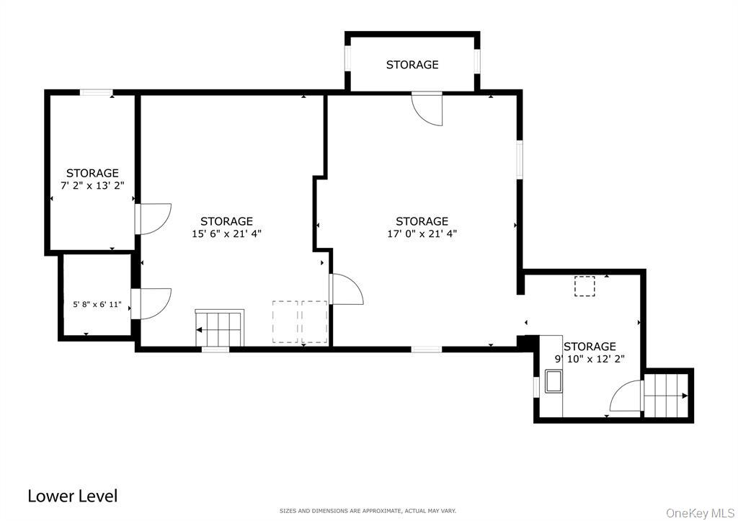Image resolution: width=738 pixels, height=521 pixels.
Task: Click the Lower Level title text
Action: point(72,496)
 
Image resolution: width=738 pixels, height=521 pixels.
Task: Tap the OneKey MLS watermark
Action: point(701,512)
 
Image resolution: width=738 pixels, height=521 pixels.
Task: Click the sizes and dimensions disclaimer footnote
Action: point(368,511)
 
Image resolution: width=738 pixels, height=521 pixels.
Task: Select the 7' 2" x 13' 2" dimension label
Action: point(92,185)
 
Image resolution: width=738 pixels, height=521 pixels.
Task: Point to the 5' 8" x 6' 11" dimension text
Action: point(97,305)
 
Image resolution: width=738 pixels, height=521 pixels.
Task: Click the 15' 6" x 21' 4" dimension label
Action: point(226,233)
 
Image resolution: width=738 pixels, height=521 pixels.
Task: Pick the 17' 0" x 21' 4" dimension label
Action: point(422,233)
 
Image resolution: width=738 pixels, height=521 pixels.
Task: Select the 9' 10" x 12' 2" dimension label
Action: point(590,359)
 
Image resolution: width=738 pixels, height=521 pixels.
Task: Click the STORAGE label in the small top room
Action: point(412,65)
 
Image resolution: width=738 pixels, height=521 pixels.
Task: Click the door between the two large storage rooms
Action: point(346,289)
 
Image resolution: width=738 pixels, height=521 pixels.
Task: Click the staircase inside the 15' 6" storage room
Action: point(220,328)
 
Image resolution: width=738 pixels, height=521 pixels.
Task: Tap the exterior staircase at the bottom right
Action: point(667,396)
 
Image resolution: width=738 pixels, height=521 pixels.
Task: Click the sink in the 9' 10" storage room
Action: point(553,380)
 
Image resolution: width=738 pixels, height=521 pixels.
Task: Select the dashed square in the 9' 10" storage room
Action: point(584,286)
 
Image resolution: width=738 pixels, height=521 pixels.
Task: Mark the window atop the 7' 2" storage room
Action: point(96,92)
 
